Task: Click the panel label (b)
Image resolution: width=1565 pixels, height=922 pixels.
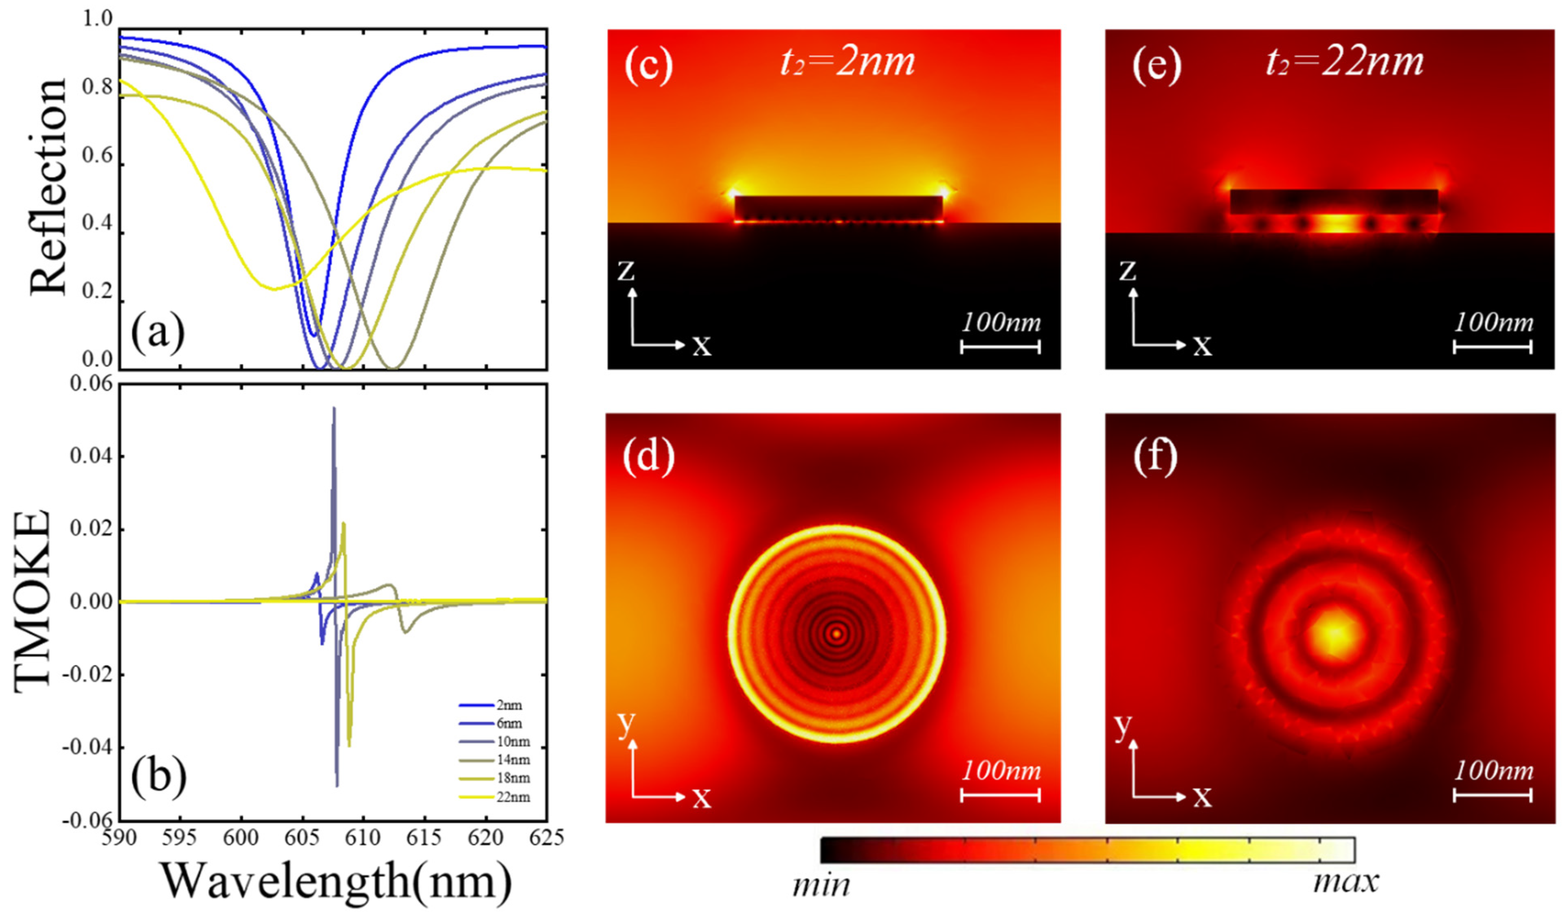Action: [158, 777]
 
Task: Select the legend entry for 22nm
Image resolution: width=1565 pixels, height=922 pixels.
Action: [513, 797]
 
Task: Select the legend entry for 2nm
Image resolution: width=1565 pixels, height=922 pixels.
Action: [509, 705]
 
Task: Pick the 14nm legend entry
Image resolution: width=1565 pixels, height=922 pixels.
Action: [513, 760]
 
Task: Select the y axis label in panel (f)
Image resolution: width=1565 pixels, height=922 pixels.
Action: [1122, 726]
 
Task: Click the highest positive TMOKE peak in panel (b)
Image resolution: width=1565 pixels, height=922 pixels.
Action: [334, 409]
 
